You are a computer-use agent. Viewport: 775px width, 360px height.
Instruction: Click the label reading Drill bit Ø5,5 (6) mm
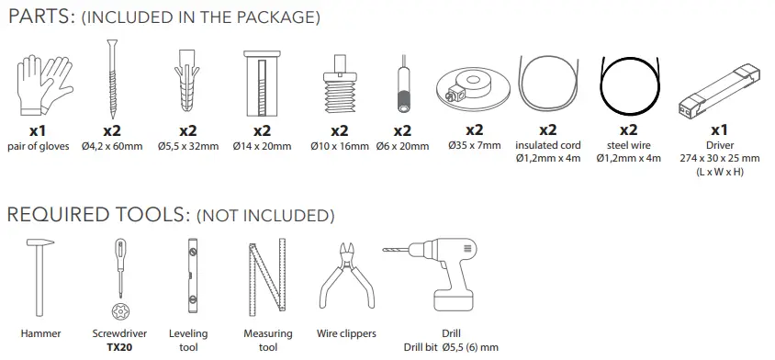tap(450, 347)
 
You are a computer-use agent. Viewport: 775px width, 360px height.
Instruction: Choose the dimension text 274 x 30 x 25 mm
tap(720, 158)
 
